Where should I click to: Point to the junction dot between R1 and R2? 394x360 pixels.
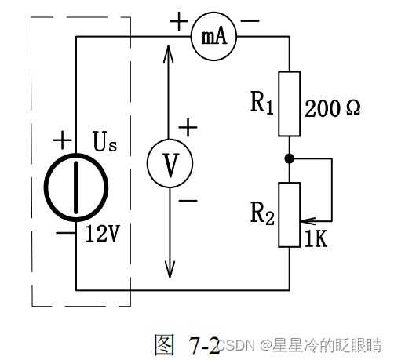(x=290, y=158)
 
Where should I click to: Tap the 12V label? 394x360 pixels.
(x=103, y=233)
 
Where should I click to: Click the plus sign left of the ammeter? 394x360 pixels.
(x=173, y=24)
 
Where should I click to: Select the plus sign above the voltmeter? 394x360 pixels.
(x=188, y=126)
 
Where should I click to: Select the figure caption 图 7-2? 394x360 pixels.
(x=187, y=344)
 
